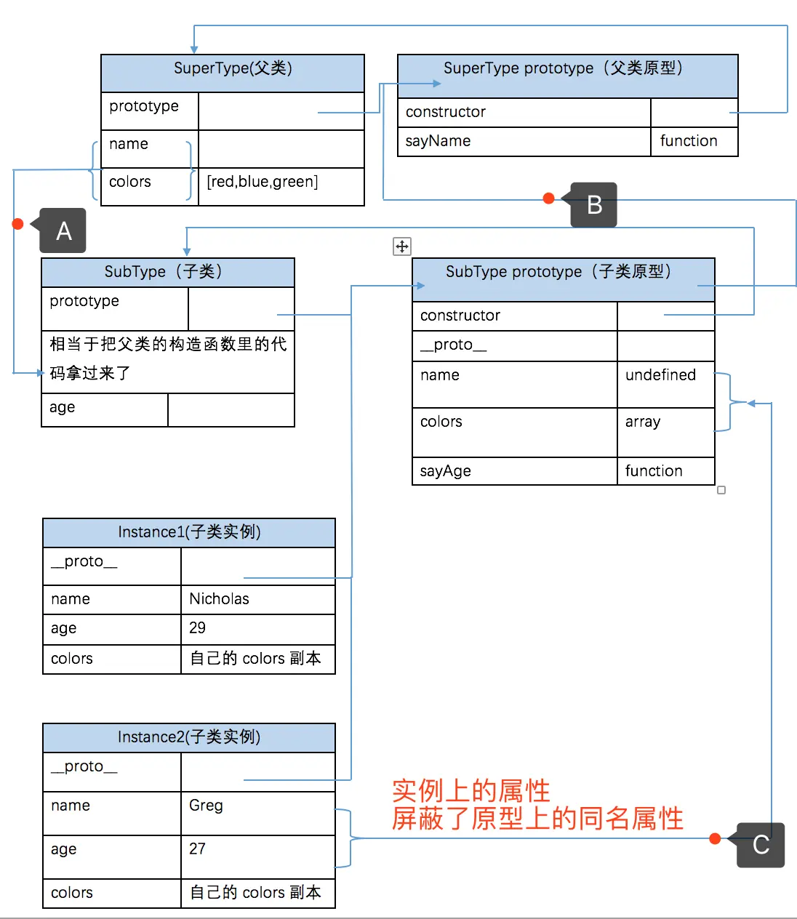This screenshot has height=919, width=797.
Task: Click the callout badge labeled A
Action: point(63,230)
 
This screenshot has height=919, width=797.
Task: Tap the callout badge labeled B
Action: point(594,205)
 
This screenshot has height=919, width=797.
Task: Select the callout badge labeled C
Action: point(761,845)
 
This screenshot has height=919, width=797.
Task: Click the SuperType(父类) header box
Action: point(233,69)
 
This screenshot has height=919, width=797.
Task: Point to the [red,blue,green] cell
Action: point(263,182)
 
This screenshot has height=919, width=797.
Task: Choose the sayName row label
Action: point(438,141)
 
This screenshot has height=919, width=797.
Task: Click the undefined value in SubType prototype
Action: point(660,375)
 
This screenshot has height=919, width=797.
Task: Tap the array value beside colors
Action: point(643,422)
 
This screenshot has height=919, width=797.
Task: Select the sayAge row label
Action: point(446,471)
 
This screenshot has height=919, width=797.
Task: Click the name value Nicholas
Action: point(219,599)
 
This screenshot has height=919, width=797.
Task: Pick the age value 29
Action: point(198,628)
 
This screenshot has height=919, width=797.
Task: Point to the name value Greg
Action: point(206,806)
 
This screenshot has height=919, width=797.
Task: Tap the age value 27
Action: point(198,849)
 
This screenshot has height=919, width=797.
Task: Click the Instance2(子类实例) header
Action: point(189,737)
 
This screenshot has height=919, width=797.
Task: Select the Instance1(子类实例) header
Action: point(189,532)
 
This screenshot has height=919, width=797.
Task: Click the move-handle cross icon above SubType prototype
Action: point(402,246)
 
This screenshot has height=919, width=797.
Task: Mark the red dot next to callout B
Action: point(549,198)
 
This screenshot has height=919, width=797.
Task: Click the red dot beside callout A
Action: point(18,224)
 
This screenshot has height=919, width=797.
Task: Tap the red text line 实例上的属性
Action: point(470,790)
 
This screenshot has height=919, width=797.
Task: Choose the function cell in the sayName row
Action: point(689,141)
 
